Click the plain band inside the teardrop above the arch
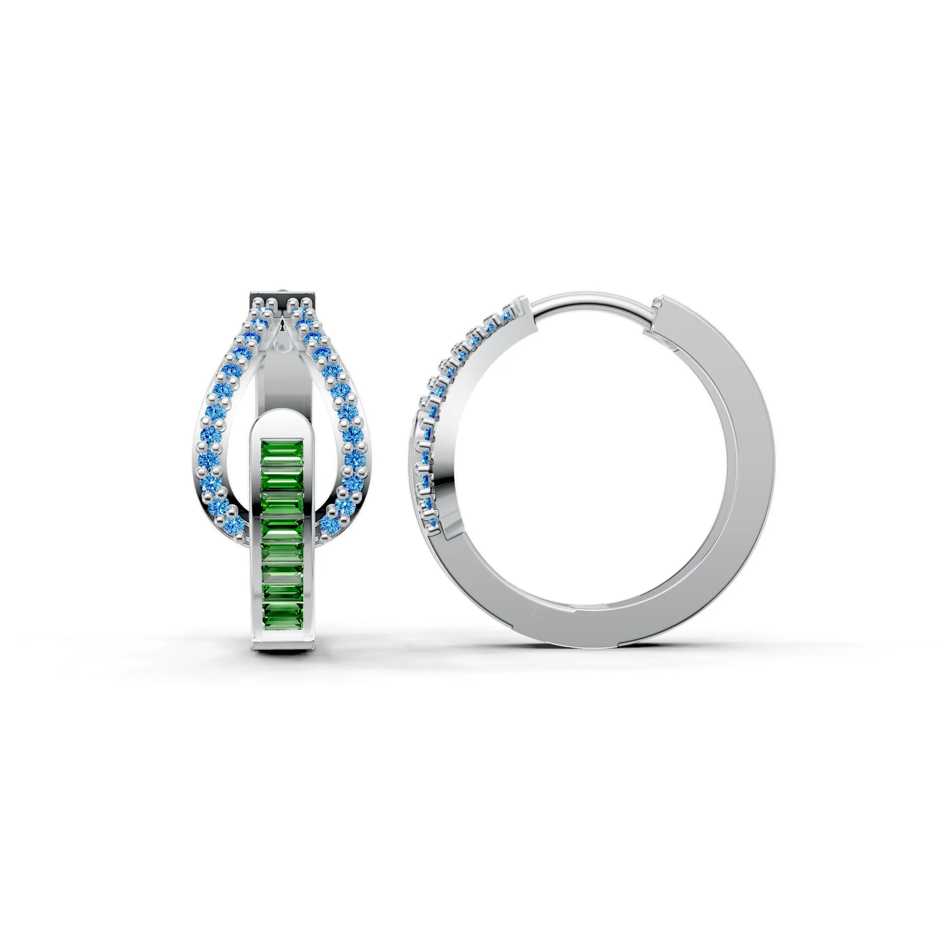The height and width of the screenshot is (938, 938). tap(282, 383)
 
